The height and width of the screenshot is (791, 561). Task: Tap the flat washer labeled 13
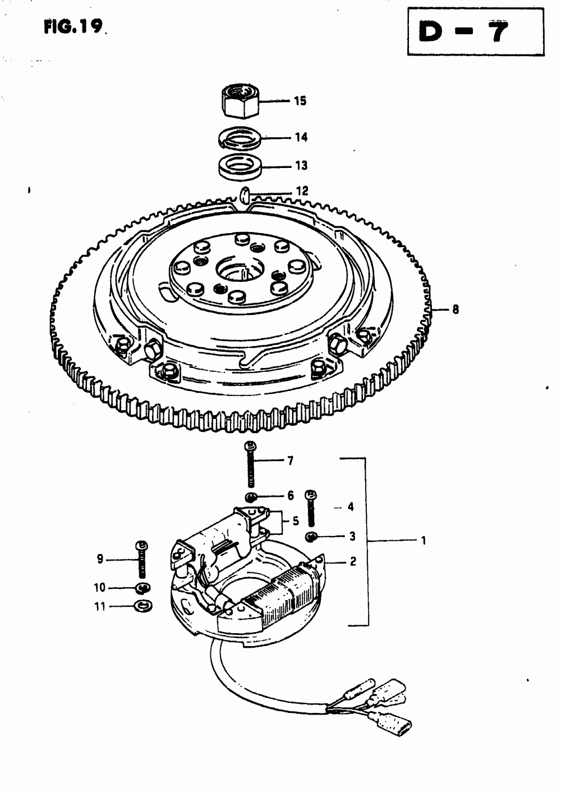(x=240, y=166)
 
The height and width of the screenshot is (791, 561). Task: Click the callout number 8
(x=456, y=310)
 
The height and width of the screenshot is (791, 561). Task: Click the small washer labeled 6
(x=250, y=497)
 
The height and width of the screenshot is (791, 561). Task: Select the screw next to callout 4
(x=311, y=508)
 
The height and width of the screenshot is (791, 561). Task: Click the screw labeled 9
(x=142, y=561)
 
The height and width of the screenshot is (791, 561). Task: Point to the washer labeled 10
(x=143, y=588)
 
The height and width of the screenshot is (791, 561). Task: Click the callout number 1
(x=424, y=540)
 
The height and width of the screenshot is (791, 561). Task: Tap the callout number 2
(x=353, y=561)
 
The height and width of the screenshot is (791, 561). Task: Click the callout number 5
(x=296, y=521)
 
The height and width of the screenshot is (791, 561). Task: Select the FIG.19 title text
(x=73, y=26)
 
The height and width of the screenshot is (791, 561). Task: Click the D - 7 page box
(x=476, y=31)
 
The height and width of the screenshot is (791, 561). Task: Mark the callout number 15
(x=300, y=101)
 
